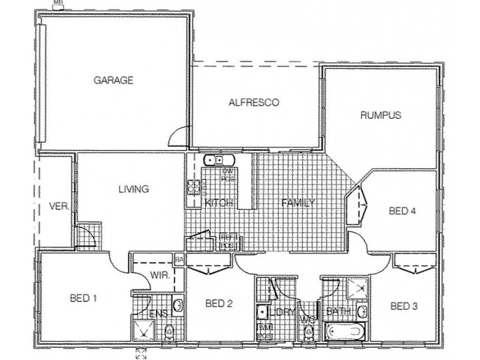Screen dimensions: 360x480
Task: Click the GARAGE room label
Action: pos(113,80)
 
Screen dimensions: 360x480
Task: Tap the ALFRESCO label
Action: pos(254,102)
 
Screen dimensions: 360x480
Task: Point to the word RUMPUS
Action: pos(380,115)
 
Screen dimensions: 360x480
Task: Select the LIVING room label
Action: pos(133,189)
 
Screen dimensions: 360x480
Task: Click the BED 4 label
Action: pos(402,211)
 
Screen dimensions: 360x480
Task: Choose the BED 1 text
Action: pos(83,298)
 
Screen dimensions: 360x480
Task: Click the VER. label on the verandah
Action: pos(58,207)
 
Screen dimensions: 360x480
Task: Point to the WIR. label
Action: pos(158,276)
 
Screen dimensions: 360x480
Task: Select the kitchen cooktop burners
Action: pos(193,187)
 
